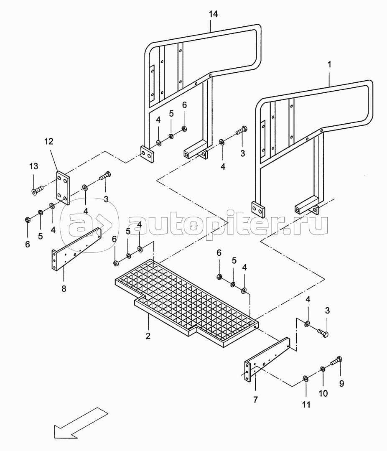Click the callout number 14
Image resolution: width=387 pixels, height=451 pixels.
[x=213, y=14]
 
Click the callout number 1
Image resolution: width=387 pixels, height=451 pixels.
[x=329, y=64]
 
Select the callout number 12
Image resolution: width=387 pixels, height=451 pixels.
[x=49, y=141]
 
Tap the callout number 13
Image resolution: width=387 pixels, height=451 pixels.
[x=33, y=166]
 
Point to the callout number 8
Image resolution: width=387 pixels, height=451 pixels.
[x=64, y=288]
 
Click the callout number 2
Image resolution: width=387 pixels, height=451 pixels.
[x=148, y=336]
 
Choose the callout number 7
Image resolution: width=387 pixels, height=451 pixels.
[x=256, y=400]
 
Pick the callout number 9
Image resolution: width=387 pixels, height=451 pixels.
[x=341, y=383]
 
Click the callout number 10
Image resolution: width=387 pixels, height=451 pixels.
[x=323, y=393]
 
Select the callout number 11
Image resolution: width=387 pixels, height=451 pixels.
[x=306, y=405]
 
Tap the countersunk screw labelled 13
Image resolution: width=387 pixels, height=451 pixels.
[x=37, y=190]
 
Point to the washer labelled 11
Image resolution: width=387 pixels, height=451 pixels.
[x=306, y=379]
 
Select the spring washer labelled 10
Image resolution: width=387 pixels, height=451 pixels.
[x=322, y=369]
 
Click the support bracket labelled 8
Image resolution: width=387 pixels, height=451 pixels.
[x=76, y=249]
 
